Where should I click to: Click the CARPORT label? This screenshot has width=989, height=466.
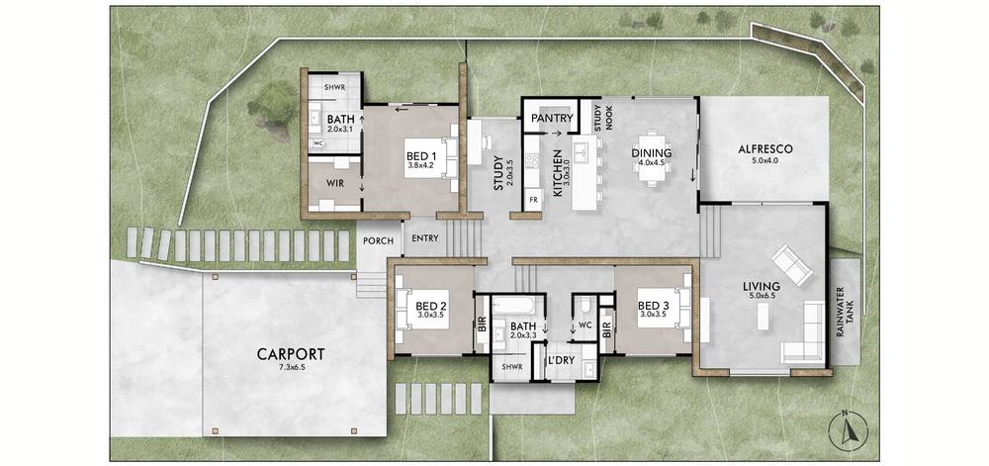pyautogui.click(x=291, y=354)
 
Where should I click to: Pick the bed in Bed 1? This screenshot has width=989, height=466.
pyautogui.click(x=430, y=157)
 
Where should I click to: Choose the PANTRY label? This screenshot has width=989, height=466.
pyautogui.click(x=552, y=118)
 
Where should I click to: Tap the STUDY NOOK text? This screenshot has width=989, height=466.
pyautogui.click(x=603, y=116)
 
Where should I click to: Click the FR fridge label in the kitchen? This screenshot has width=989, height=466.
pyautogui.click(x=533, y=200)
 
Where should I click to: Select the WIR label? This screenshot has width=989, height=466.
pyautogui.click(x=334, y=183)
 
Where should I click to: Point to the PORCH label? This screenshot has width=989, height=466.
pyautogui.click(x=378, y=240)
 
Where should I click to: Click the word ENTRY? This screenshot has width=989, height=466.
pyautogui.click(x=425, y=238)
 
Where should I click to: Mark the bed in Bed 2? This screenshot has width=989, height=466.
pyautogui.click(x=421, y=309)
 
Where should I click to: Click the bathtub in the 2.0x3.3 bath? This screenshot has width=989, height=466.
pyautogui.click(x=515, y=307)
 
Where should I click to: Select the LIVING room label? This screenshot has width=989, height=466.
pyautogui.click(x=762, y=286)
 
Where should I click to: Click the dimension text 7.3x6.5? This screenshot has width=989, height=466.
pyautogui.click(x=291, y=366)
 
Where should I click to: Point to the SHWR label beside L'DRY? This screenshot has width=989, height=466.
pyautogui.click(x=509, y=367)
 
